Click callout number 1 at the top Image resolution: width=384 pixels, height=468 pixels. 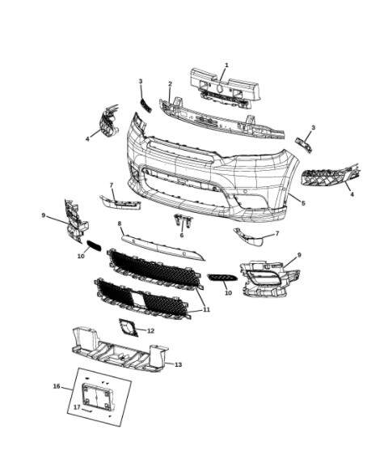[226, 65]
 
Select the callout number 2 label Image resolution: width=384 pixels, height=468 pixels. [170, 84]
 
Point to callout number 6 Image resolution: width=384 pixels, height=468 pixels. [182, 235]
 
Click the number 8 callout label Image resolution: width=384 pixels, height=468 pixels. [120, 223]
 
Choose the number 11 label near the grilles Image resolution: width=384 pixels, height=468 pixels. [206, 309]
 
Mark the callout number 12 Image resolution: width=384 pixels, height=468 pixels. [150, 330]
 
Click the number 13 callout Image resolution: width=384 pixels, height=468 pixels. [179, 364]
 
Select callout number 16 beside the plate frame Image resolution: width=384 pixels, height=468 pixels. [57, 386]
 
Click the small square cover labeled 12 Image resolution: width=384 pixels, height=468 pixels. [128, 327]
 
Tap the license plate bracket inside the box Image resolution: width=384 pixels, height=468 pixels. [101, 398]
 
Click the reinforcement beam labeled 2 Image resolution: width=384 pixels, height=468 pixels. [218, 118]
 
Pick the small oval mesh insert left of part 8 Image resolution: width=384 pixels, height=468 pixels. [94, 245]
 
